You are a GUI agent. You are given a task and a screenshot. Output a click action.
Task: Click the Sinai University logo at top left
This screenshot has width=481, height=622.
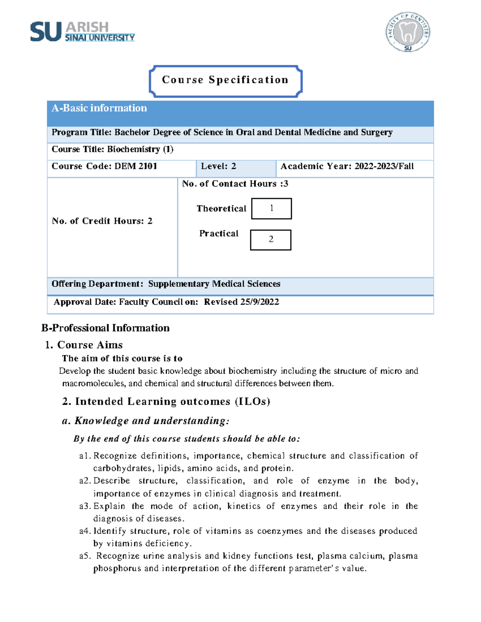[x=82, y=32]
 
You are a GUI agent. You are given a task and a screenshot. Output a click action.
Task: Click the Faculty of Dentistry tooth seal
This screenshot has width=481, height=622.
[x=408, y=32]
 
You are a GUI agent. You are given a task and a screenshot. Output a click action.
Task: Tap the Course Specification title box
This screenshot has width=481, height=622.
[x=225, y=80]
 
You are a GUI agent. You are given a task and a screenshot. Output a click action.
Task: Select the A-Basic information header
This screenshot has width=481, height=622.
[x=99, y=108]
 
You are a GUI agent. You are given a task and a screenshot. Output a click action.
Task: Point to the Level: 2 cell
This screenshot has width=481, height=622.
[x=218, y=166]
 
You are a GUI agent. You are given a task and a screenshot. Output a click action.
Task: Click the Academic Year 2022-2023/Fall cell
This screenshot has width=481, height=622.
[x=347, y=166]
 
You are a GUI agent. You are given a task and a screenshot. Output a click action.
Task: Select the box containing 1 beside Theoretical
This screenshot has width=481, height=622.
[x=271, y=208]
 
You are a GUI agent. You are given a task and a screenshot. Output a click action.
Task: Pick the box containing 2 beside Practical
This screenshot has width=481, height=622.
[x=271, y=240]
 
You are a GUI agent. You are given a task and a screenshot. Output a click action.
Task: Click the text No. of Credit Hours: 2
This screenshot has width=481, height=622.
[x=102, y=221]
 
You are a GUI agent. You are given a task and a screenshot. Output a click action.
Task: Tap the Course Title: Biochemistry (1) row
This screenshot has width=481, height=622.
[x=113, y=149]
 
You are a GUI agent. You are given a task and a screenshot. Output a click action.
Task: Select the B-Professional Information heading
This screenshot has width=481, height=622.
[x=105, y=328]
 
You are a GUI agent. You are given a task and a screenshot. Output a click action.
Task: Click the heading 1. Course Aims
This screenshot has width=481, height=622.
[x=84, y=345]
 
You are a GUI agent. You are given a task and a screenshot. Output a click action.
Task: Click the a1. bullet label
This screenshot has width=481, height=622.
[x=85, y=456]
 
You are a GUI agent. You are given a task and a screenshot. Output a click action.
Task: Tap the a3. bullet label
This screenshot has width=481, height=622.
[x=85, y=506]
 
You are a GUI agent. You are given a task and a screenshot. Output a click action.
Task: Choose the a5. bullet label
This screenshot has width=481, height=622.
[x=85, y=556]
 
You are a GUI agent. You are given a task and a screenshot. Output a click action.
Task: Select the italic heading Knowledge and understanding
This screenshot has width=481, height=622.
[x=152, y=421]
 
